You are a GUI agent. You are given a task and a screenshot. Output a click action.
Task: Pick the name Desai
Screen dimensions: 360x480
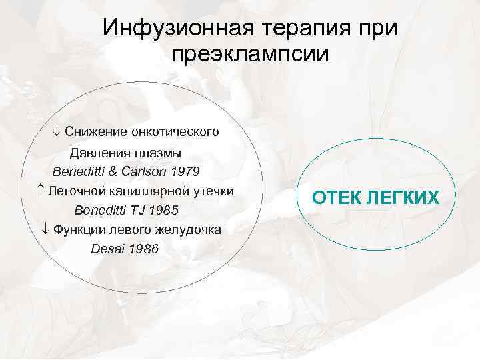[x=107, y=249]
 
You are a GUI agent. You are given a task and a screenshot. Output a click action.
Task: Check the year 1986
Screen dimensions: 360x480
[x=143, y=249]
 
